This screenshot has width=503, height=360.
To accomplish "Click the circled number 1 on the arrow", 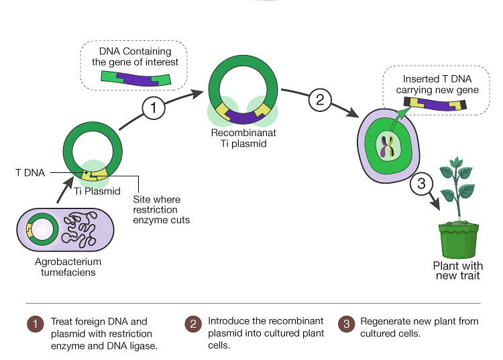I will click(153, 107).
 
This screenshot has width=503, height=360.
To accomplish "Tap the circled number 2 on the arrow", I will click(320, 100).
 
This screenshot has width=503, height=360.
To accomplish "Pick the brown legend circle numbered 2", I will click(192, 324).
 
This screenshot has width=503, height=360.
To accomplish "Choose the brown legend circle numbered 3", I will click(345, 324).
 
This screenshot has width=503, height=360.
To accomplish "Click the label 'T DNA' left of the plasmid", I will click(30, 172).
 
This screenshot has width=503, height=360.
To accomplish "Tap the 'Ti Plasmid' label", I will click(97, 191).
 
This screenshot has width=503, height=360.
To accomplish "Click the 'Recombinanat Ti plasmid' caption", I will click(243, 137).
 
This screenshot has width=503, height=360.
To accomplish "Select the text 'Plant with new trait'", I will click(457, 270).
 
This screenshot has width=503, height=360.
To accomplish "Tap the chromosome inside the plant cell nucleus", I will click(387, 147).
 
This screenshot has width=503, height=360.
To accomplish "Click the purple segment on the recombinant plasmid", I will click(243, 118).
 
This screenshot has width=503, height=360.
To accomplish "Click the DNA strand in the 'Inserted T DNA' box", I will click(436, 104).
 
